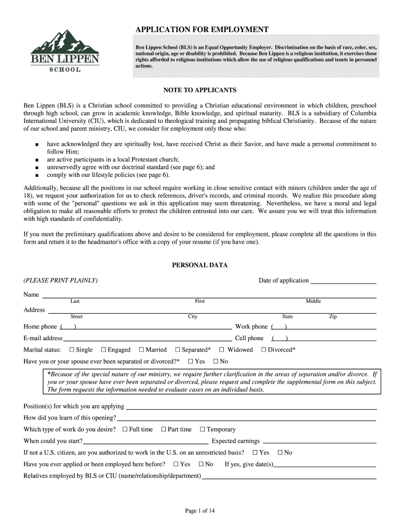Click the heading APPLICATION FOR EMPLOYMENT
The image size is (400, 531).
(202, 30)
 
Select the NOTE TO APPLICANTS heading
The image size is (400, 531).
(200, 90)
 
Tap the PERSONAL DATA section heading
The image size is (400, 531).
(200, 265)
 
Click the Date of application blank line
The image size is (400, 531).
(343, 282)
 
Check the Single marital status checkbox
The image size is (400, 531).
(72, 350)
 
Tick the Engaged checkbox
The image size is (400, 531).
(104, 350)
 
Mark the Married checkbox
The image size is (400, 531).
(142, 350)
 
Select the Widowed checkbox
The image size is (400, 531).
(222, 350)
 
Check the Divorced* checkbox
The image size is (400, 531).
(264, 350)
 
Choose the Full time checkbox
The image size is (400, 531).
(125, 429)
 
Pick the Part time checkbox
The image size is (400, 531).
(164, 429)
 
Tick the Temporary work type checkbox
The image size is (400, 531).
(203, 429)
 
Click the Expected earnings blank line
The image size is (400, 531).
(319, 442)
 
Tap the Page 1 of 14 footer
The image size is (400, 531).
(200, 511)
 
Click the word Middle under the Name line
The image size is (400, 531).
(313, 301)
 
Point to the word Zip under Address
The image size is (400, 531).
(333, 316)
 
